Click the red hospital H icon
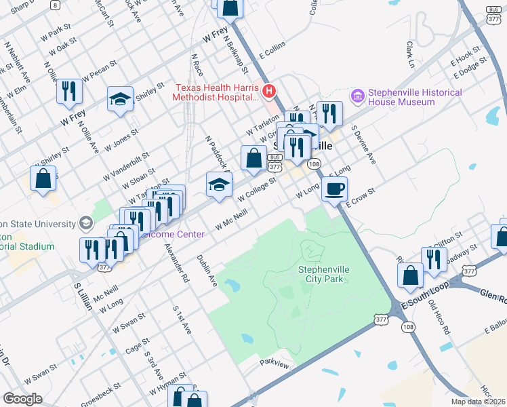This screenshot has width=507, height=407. pos(269,90)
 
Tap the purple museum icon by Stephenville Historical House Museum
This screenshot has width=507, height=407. pos(357,97)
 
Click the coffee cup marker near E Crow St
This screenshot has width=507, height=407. pos(334,189)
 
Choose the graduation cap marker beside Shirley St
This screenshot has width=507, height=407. pos(120,100)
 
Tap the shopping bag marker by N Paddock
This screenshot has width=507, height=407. pos(254,159)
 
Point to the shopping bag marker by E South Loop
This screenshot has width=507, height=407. pos(411,276)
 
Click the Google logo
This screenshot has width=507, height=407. pos(22,398)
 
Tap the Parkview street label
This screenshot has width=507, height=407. pos(275,364)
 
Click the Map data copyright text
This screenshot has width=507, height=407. pos(479,400)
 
